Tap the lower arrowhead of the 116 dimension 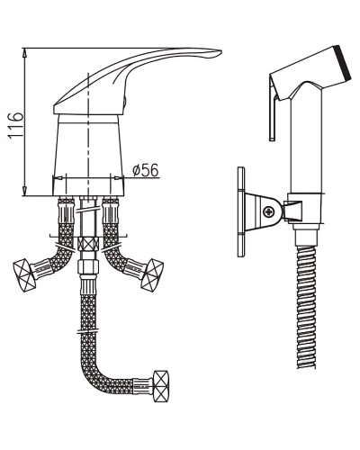click(25, 191)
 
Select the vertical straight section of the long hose click(86, 324)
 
